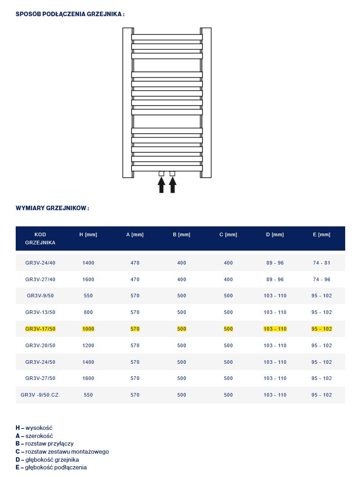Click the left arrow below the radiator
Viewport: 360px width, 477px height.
point(162,185)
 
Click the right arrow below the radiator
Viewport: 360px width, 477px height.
point(172,185)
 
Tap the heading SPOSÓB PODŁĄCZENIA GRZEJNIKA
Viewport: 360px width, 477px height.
point(70,14)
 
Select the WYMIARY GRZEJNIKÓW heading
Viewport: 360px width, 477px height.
point(53,208)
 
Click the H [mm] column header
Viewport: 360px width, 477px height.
point(88,235)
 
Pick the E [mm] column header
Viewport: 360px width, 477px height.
point(322,235)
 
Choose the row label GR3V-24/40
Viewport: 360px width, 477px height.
point(40,263)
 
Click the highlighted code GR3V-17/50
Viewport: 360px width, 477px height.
point(40,329)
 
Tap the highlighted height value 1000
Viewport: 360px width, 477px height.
point(88,329)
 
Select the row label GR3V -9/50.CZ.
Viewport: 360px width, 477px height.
point(40,395)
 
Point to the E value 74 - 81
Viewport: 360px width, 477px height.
point(322,263)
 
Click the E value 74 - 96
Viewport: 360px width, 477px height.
point(322,279)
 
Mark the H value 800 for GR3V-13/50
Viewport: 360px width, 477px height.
point(88,312)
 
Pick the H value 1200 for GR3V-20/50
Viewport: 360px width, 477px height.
point(88,345)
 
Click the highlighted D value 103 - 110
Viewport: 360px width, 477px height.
point(275,329)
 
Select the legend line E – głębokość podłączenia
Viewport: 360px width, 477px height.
point(51,468)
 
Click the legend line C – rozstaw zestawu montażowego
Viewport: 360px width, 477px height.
point(62,452)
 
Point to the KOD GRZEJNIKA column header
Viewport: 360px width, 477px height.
point(40,238)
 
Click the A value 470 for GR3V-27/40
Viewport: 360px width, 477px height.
point(135,279)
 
